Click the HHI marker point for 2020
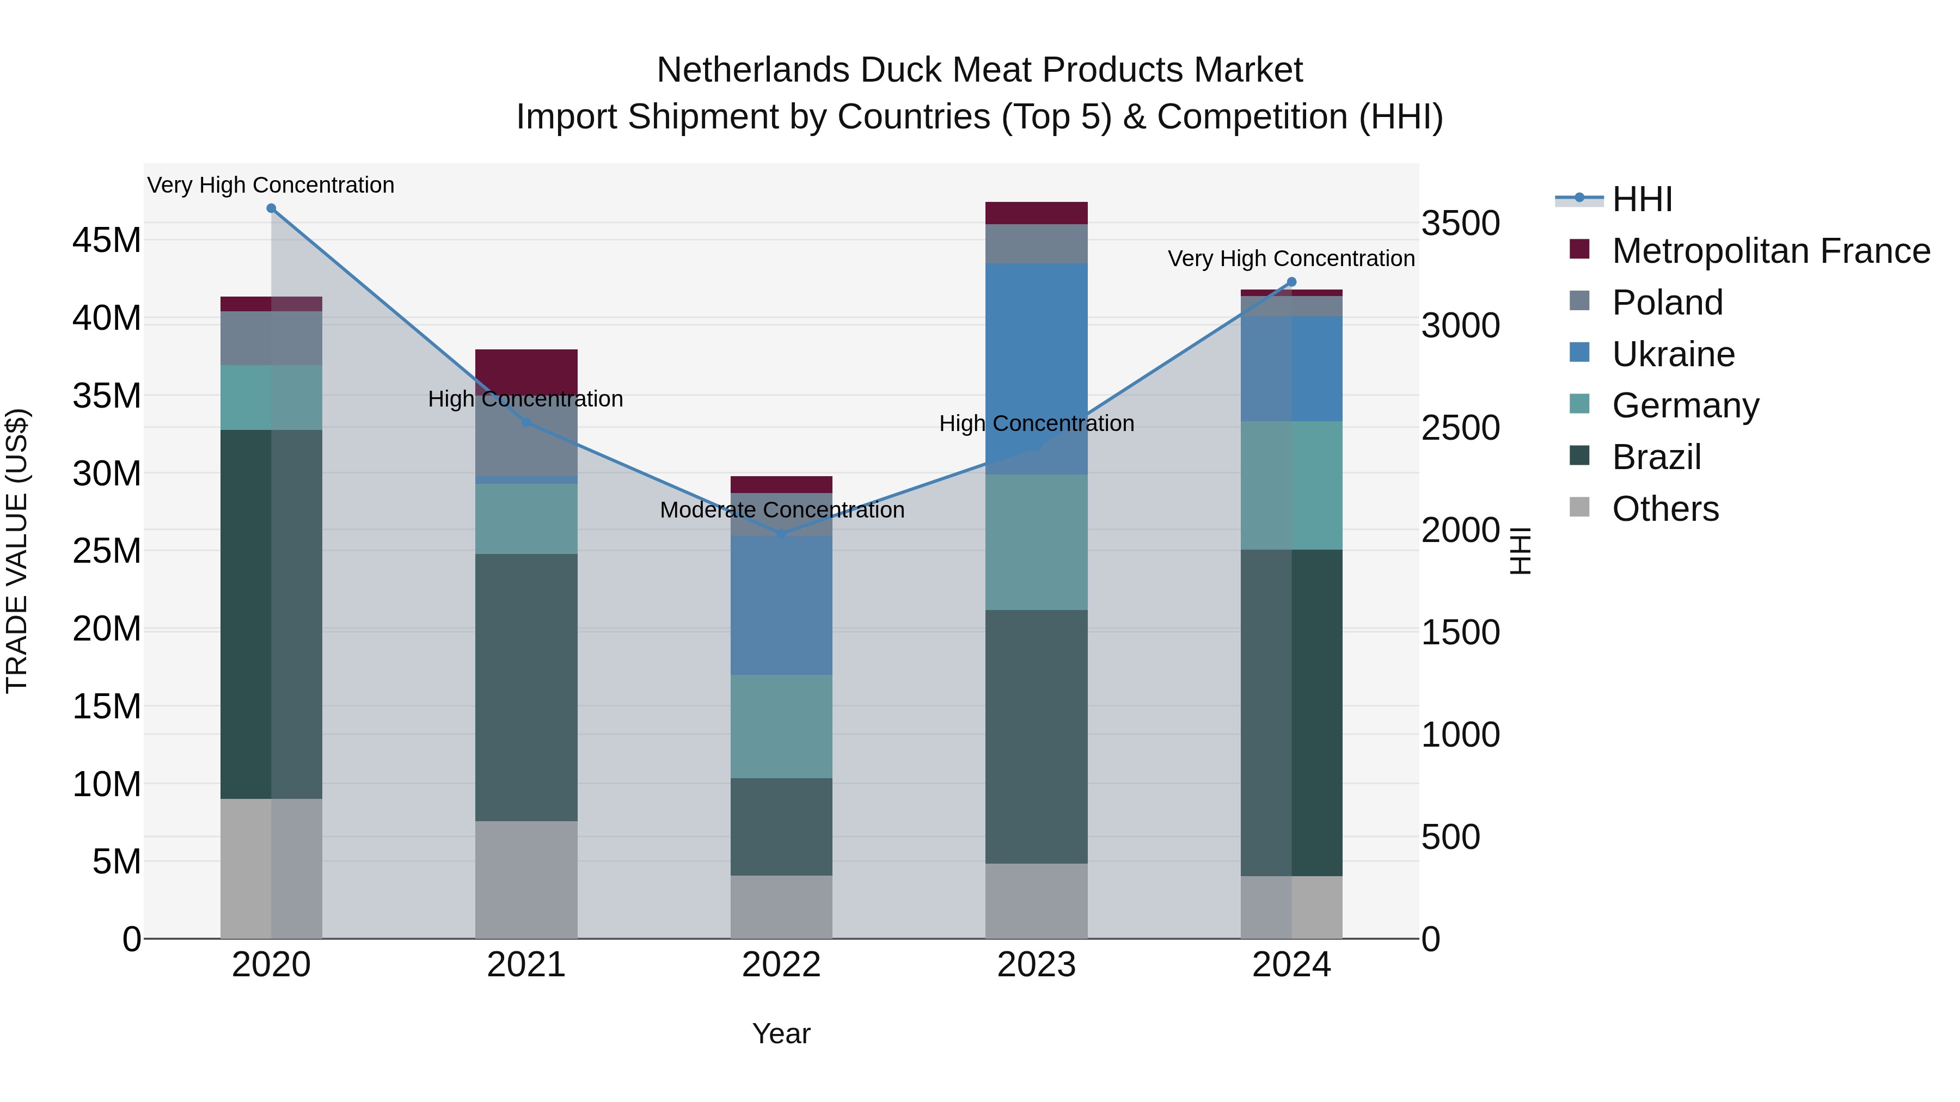pyautogui.click(x=271, y=208)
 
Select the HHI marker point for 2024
pyautogui.click(x=1291, y=282)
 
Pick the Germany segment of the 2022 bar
pyautogui.click(x=781, y=727)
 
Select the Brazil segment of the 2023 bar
pyautogui.click(x=1036, y=736)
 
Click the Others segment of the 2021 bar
pyautogui.click(x=526, y=879)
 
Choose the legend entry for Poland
pyautogui.click(x=1667, y=303)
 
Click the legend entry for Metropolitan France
pyautogui.click(x=1770, y=251)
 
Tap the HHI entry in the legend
pyautogui.click(x=1642, y=199)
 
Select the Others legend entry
pyautogui.click(x=1665, y=509)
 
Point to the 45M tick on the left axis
pyautogui.click(x=107, y=241)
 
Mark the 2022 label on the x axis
pyautogui.click(x=781, y=965)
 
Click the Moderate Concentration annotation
pyautogui.click(x=781, y=509)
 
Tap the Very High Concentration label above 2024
pyautogui.click(x=1291, y=258)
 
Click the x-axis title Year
pyautogui.click(x=781, y=1033)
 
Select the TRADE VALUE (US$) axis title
pyautogui.click(x=17, y=551)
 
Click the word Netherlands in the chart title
pyautogui.click(x=754, y=70)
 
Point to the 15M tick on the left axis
pyautogui.click(x=107, y=706)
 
